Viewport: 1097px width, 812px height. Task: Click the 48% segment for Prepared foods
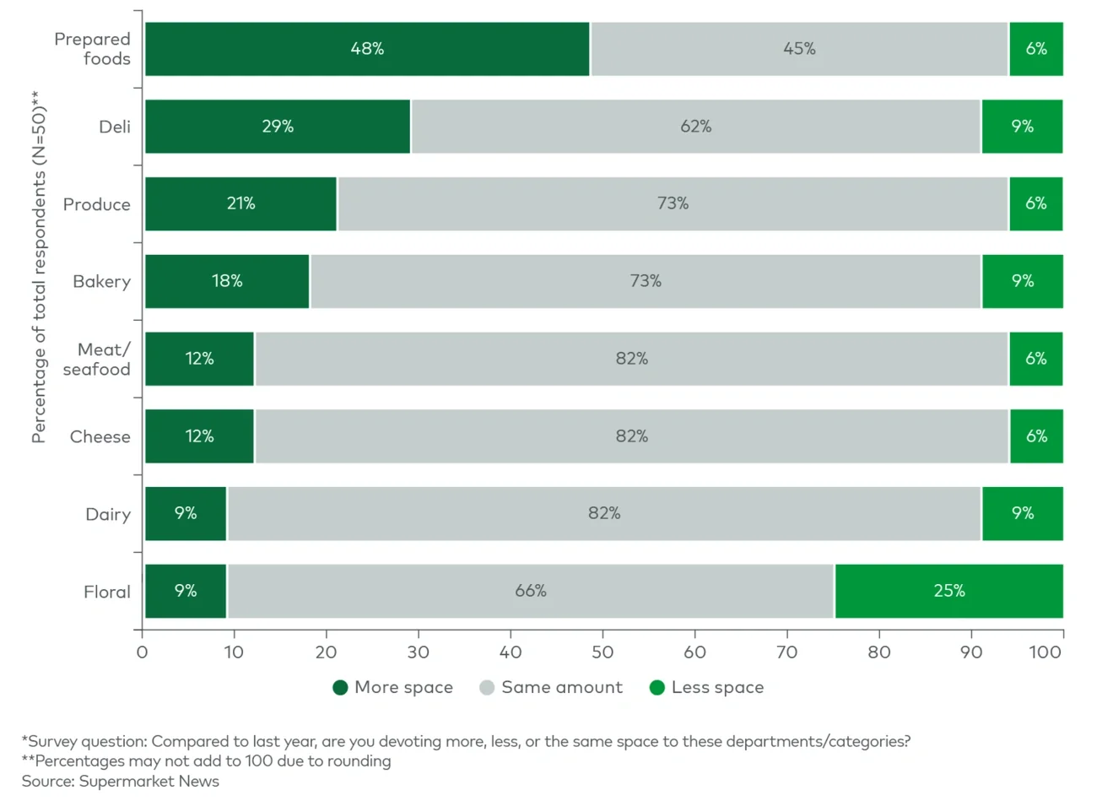tap(367, 49)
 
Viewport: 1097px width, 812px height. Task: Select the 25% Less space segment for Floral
tap(948, 591)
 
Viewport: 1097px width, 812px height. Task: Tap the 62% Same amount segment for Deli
tap(695, 127)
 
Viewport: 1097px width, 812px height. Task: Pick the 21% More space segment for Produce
tap(240, 203)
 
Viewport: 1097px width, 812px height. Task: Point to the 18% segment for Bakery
tap(227, 281)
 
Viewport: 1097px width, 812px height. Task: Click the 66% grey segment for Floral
tap(530, 591)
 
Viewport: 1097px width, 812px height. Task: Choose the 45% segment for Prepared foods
tap(798, 49)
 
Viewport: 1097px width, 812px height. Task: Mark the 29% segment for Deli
tap(278, 127)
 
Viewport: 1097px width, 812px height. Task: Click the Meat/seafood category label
tap(97, 360)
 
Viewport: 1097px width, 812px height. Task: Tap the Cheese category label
tap(100, 436)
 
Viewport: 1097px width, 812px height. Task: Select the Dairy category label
tap(108, 514)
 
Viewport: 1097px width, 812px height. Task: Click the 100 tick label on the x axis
tap(1045, 652)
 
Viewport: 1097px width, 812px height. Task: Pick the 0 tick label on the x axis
tap(142, 652)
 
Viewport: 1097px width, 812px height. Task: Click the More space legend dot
tap(341, 688)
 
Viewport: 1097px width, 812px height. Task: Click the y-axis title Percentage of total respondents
tap(39, 266)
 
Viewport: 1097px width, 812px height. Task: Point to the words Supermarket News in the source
tap(149, 782)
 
